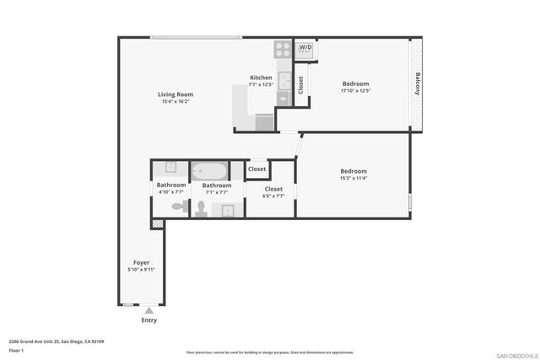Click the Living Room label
pos(175,94)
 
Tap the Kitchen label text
pos(261,78)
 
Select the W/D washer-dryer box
pos(305,49)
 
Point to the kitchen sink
pos(283,82)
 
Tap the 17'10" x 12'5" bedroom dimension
pos(355,90)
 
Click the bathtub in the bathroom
pos(208,170)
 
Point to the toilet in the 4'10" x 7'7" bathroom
pos(178,206)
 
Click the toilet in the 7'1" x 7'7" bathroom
pos(202,207)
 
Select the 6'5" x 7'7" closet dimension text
pos(274,196)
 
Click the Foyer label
pos(141,262)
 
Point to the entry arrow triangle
pos(148,311)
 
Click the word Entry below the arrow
pos(148,320)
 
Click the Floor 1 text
pos(17,349)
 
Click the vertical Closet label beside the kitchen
pos(301,84)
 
